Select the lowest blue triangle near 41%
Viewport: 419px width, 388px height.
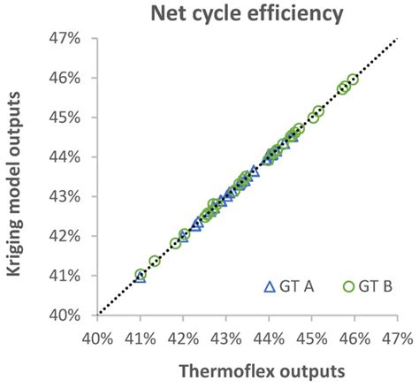click(140, 277)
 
